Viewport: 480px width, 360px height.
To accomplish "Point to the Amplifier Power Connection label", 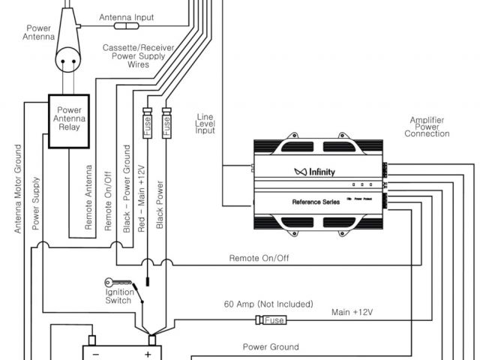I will click(430, 127).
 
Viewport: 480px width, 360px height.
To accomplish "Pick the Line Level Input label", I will click(205, 124).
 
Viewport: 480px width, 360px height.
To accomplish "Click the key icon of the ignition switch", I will click(116, 282).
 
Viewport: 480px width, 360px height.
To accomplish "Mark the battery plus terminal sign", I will click(148, 354).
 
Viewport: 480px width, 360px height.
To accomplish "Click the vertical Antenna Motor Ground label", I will click(18, 187).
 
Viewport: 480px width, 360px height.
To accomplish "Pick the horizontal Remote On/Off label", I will click(260, 258).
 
